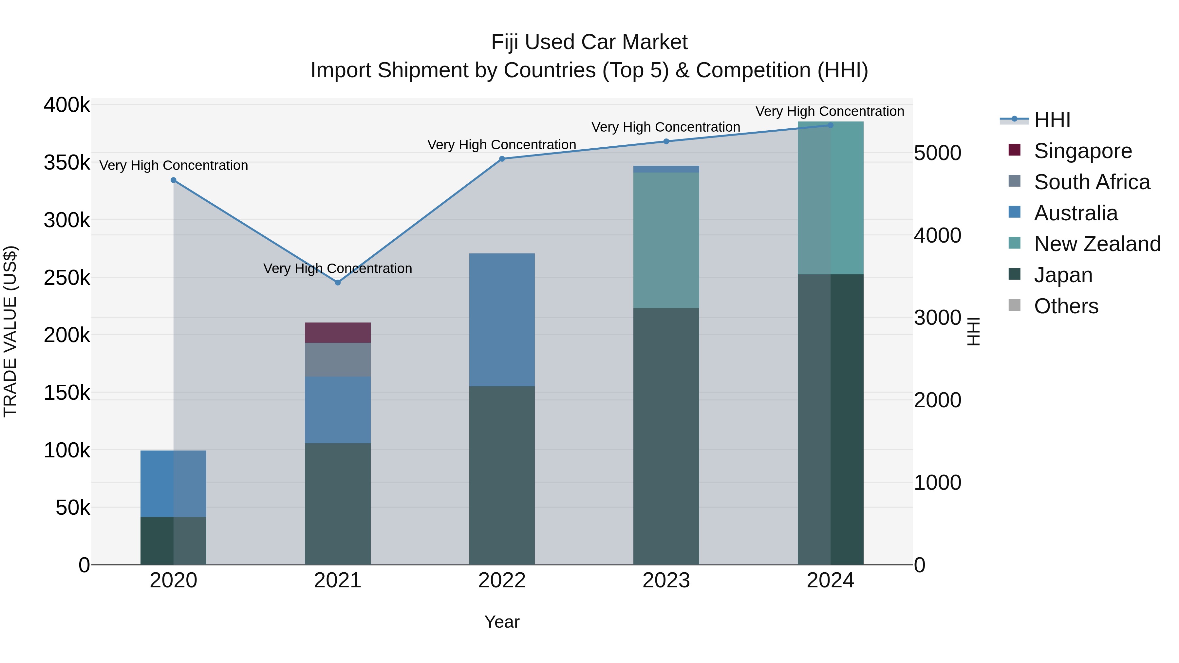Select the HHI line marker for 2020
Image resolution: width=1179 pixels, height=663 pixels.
click(x=174, y=180)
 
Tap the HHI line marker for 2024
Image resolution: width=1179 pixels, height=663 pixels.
click(x=831, y=125)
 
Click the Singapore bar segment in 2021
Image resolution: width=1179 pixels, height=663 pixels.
click(x=338, y=333)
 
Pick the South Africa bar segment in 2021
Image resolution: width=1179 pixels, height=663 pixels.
click(x=338, y=359)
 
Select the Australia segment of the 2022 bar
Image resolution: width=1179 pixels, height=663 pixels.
click(x=502, y=320)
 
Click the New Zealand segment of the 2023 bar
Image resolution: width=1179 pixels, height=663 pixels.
click(x=666, y=240)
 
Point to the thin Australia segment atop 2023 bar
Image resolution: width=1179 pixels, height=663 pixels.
click(x=666, y=169)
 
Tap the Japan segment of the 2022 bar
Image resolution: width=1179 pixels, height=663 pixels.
click(x=502, y=475)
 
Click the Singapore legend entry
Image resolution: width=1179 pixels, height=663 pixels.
click(x=1082, y=151)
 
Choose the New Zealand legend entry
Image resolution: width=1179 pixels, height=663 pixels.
click(x=1097, y=244)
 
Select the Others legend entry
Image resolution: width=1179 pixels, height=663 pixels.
click(x=1066, y=306)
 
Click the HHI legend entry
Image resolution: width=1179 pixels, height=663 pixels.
click(x=1052, y=120)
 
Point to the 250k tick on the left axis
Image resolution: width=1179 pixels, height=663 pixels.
click(x=67, y=278)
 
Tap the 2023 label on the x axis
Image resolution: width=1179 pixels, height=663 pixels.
click(x=666, y=580)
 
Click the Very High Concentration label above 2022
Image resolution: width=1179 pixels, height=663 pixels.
click(x=502, y=145)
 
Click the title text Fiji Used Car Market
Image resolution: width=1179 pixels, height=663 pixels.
click(x=589, y=43)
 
